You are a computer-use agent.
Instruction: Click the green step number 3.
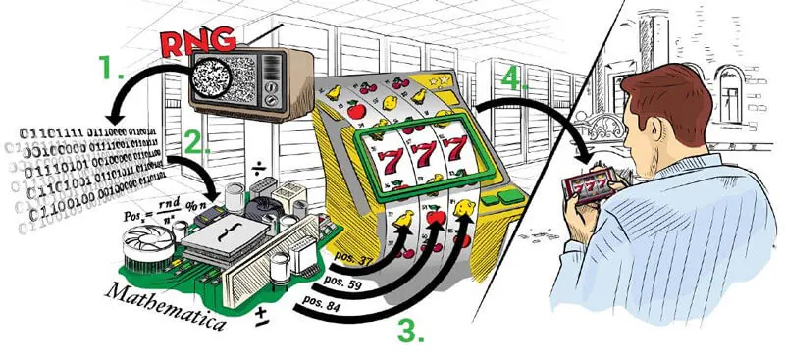click(410, 330)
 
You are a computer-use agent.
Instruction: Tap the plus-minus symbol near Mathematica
click(262, 315)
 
